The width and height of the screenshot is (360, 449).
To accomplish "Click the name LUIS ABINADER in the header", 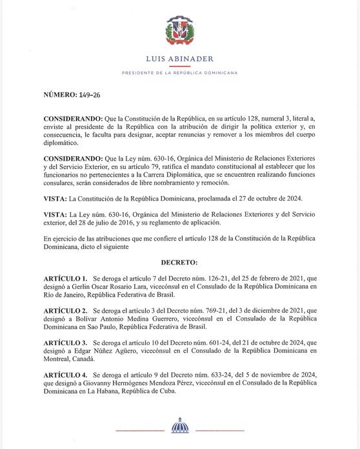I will pyautogui.click(x=180, y=59).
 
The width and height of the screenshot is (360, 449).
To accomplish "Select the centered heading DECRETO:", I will pyautogui.click(x=179, y=263).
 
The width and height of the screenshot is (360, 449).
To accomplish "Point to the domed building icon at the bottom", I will pyautogui.click(x=179, y=426).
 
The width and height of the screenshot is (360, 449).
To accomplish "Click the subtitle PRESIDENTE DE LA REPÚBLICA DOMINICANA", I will pyautogui.click(x=180, y=73).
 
